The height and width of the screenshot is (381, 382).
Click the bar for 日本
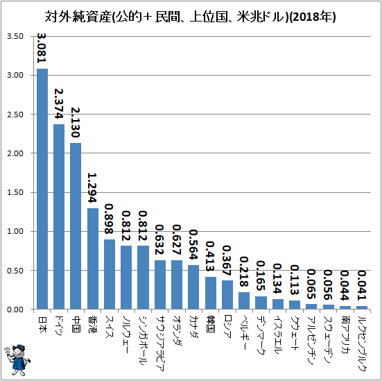pos(42,189)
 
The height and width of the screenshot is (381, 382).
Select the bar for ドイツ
pos(59,217)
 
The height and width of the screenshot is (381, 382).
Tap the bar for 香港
pos(93,259)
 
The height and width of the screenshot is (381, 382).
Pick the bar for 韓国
pos(211,293)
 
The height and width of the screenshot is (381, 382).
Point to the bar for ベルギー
pos(244,300)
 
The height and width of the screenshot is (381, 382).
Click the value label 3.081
pos(42,48)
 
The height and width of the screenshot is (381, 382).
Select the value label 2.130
pos(76,122)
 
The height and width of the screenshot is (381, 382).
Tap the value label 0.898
pos(109,219)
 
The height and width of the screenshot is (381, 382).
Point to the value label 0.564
pos(193,245)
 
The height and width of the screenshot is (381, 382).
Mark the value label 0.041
pos(362,285)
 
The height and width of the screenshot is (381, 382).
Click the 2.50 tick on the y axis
pos(15,115)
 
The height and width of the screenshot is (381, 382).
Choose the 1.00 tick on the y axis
pos(15,231)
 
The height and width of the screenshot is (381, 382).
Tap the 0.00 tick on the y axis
pos(15,310)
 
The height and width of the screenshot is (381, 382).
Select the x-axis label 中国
pos(76,325)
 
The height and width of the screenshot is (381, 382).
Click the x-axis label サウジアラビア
pos(160,344)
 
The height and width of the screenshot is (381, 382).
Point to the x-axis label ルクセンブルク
pos(363,344)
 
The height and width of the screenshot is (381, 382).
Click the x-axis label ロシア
pos(227,327)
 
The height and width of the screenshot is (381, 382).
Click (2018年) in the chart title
pos(313,17)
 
